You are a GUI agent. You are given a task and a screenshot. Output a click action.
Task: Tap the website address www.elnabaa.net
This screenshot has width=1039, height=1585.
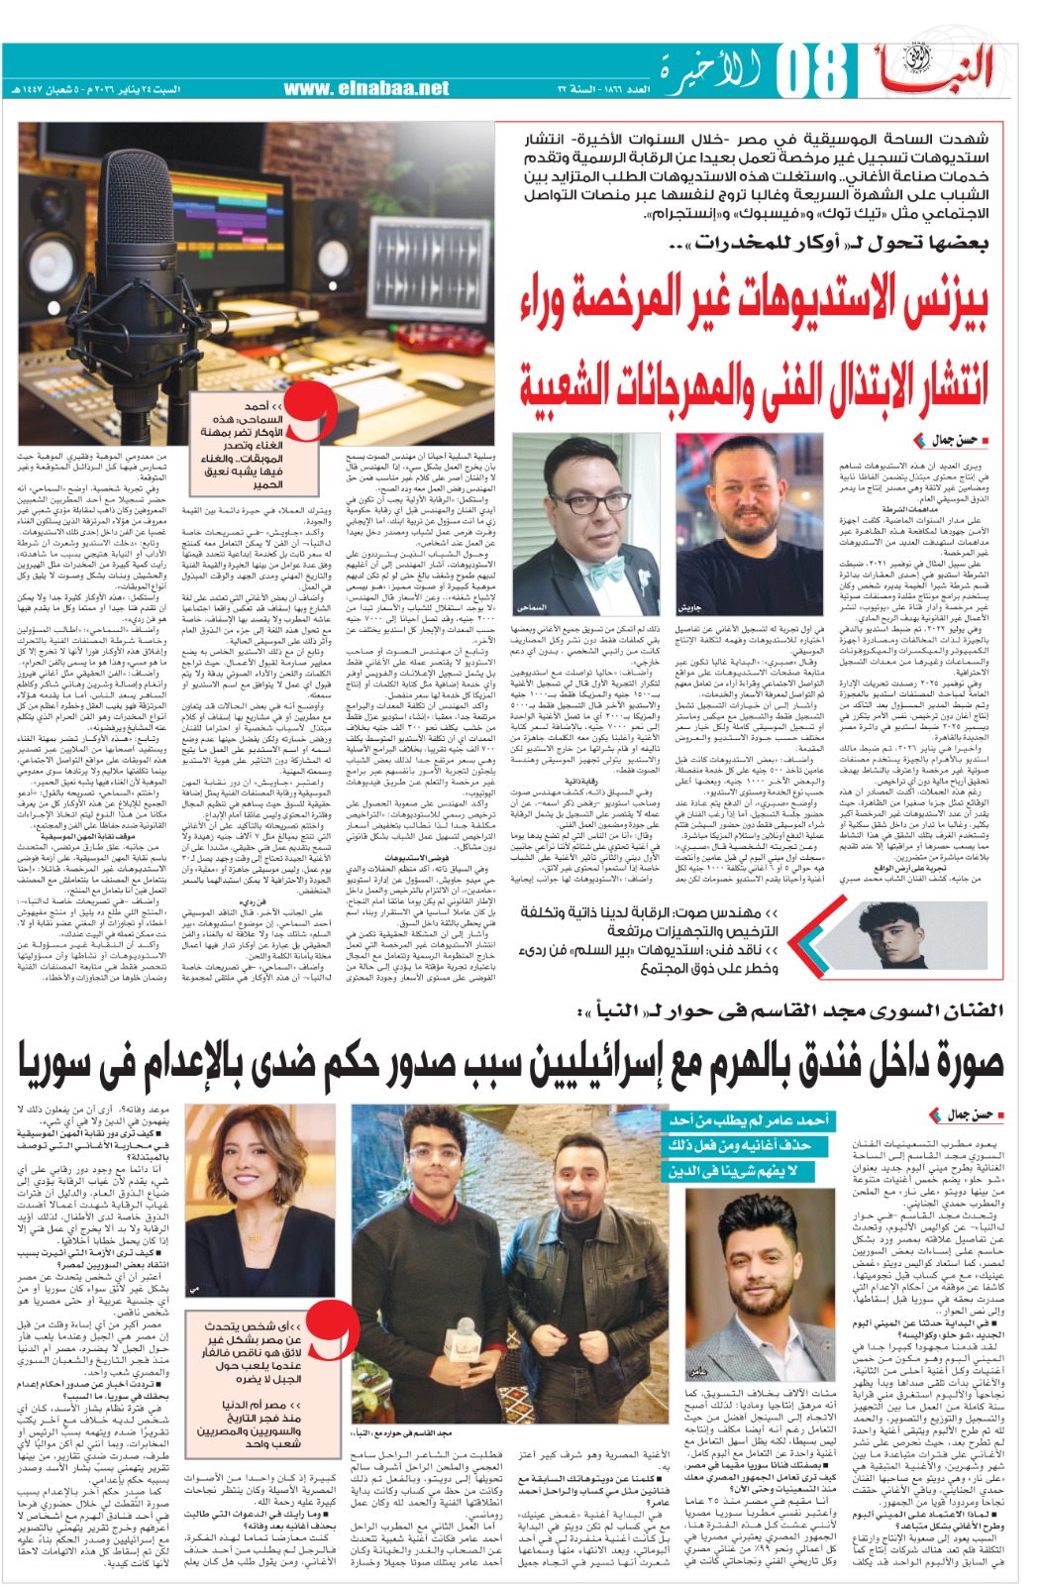coord(365,89)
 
